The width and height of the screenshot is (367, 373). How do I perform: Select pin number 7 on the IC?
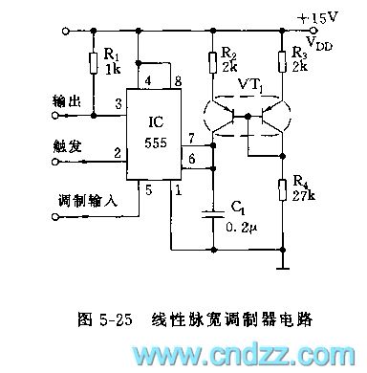pyautogui.click(x=192, y=140)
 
